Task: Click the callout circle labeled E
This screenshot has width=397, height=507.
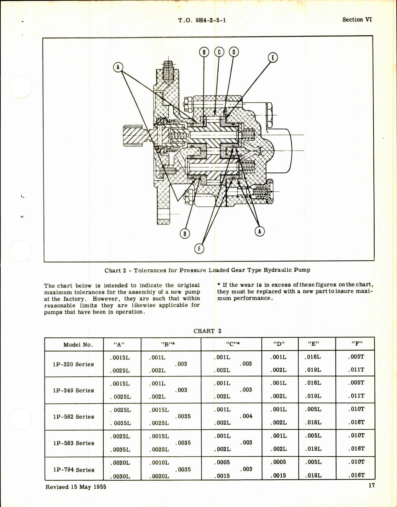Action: tap(273, 58)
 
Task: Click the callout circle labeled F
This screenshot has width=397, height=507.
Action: tap(199, 249)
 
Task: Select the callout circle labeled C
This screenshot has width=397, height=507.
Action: tap(219, 52)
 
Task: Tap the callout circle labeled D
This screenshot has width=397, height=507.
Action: tap(233, 52)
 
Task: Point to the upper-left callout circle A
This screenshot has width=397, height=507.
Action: tap(118, 67)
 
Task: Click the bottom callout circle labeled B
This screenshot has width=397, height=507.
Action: tap(185, 234)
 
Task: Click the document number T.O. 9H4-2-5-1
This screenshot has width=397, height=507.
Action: tap(202, 20)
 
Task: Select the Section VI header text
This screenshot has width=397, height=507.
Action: tap(357, 20)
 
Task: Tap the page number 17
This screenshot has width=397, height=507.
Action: tap(372, 485)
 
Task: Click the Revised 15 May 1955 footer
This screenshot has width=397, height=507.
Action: tap(76, 487)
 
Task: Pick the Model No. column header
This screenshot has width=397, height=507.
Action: tap(78, 345)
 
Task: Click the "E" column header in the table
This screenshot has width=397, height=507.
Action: tap(314, 344)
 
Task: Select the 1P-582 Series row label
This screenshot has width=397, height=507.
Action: tap(73, 417)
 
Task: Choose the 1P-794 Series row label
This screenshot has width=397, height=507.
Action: tap(73, 470)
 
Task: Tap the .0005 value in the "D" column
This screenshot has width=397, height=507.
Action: tap(278, 462)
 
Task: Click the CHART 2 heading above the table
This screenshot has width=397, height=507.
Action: tap(207, 331)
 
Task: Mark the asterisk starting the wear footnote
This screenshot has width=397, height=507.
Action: tap(219, 285)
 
